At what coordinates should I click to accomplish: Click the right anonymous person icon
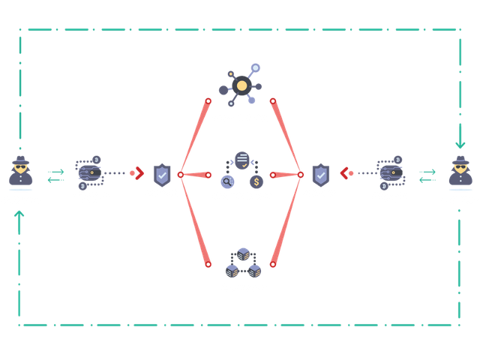pyautogui.click(x=459, y=174)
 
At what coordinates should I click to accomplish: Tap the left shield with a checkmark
pyautogui.click(x=161, y=175)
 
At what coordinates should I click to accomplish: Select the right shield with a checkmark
pyautogui.click(x=320, y=175)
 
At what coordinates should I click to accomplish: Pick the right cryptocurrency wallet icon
pyautogui.click(x=391, y=172)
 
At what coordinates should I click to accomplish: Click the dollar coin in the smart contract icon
pyautogui.click(x=256, y=181)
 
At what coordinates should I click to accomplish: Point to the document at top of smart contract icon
pyautogui.click(x=241, y=160)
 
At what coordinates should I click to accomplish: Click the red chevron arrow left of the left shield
pyautogui.click(x=136, y=174)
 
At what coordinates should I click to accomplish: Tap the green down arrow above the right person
pyautogui.click(x=459, y=142)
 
